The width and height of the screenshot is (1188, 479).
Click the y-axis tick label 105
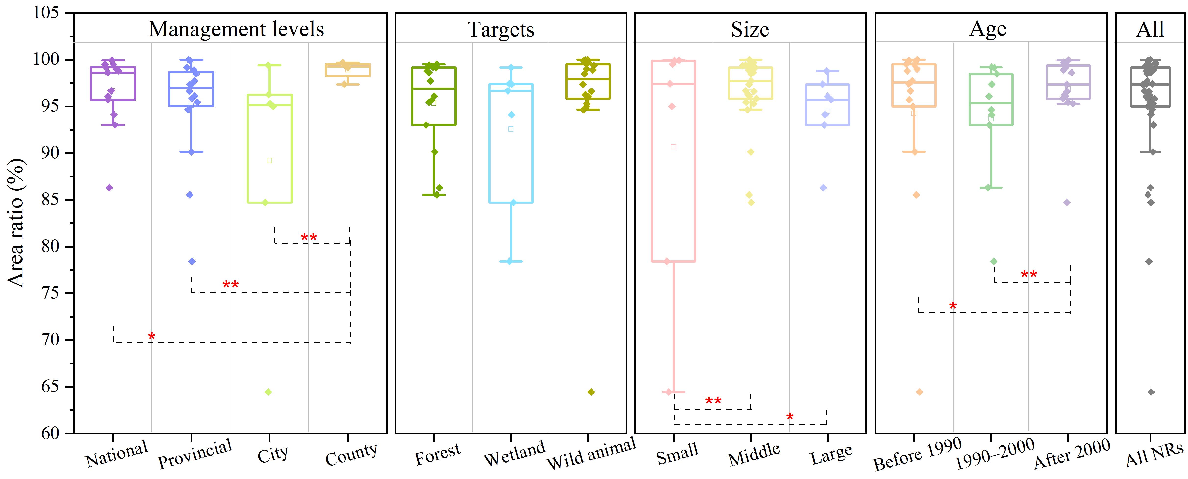click(46, 13)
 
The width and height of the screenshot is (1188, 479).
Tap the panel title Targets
click(501, 29)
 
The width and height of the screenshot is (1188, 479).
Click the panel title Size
click(750, 29)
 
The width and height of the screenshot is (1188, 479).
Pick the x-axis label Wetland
click(514, 454)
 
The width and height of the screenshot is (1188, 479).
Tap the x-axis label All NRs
click(1154, 454)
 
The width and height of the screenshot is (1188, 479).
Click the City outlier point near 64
click(268, 392)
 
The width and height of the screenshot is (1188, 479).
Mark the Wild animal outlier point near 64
click(591, 392)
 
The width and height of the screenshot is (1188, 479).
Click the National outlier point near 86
click(109, 188)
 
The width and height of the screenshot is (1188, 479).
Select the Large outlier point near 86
click(823, 188)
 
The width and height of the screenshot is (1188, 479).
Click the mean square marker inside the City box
click(269, 160)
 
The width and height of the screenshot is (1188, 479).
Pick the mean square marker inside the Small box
click(673, 147)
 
